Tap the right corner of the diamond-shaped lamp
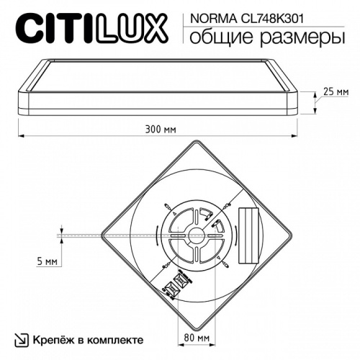coord(290,234)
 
